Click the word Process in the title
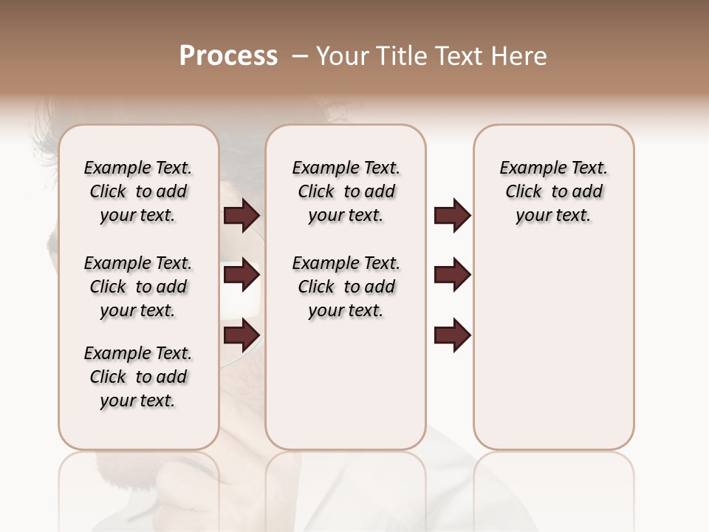[x=228, y=56]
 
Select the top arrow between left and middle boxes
[x=242, y=216]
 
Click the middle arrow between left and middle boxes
[x=242, y=276]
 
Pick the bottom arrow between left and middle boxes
[x=242, y=335]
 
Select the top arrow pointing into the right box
[x=452, y=216]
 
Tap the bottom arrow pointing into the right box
[x=452, y=335]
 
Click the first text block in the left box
[x=138, y=191]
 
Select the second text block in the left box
[x=138, y=287]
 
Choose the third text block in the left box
[x=138, y=377]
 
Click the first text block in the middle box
[x=346, y=191]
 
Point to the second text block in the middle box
[x=346, y=287]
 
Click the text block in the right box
[x=553, y=191]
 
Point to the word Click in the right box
[x=524, y=192]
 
